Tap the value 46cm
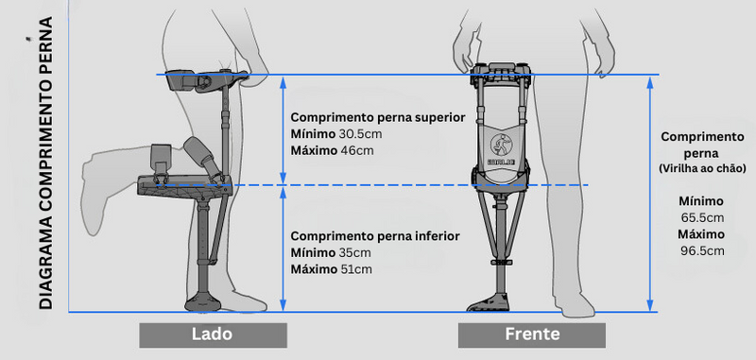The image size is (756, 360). click(355, 149)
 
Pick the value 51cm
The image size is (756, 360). click(356, 269)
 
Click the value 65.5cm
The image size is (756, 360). click(700, 216)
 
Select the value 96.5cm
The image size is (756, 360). click(700, 250)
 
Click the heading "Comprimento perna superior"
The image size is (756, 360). click(378, 117)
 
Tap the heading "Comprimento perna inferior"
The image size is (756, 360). click(375, 236)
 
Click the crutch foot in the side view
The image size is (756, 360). click(209, 302)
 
